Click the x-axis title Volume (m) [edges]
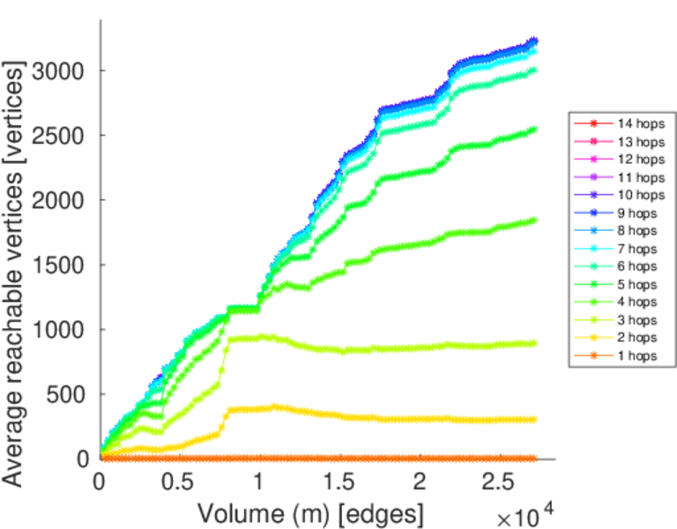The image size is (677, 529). [309, 512]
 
